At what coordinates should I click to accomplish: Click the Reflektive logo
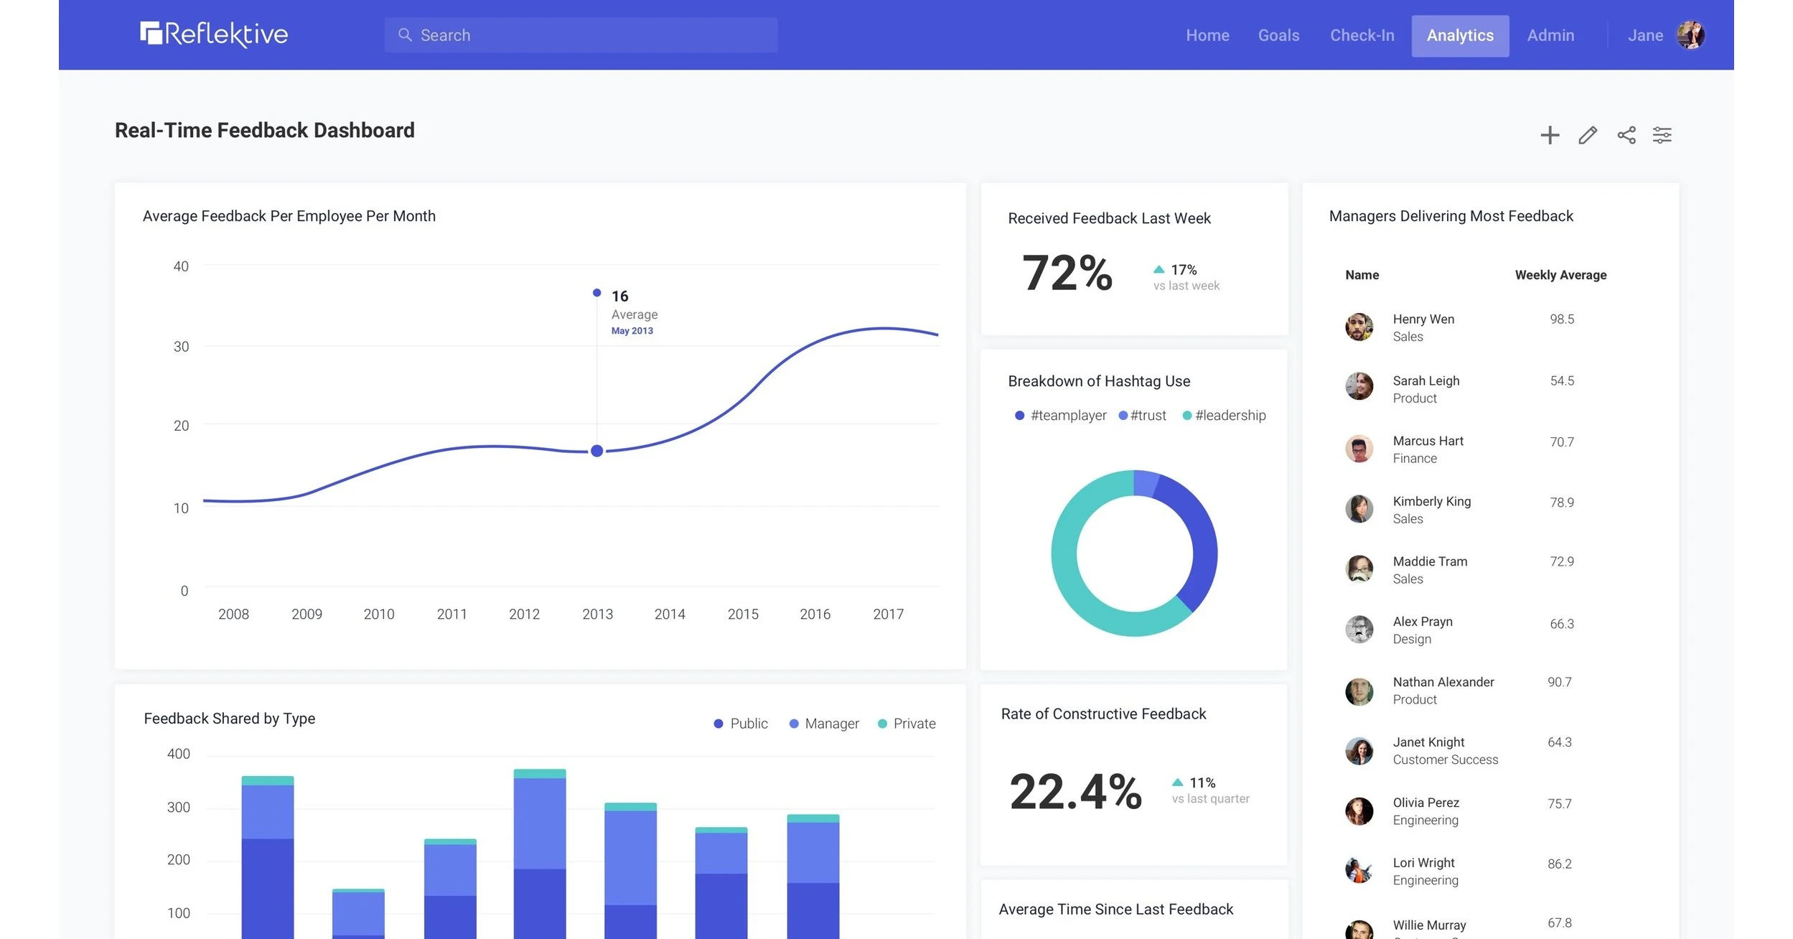pyautogui.click(x=214, y=34)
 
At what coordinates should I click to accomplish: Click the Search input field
pyautogui.click(x=581, y=35)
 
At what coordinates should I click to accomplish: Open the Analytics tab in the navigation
pyautogui.click(x=1459, y=35)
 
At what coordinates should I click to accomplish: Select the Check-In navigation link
pyautogui.click(x=1362, y=35)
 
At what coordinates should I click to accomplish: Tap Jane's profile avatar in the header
pyautogui.click(x=1690, y=35)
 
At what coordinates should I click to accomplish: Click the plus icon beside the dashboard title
pyautogui.click(x=1549, y=135)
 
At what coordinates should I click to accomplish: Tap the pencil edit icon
pyautogui.click(x=1587, y=135)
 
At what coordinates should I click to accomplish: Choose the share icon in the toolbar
pyautogui.click(x=1626, y=135)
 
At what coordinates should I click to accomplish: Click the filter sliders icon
pyautogui.click(x=1662, y=135)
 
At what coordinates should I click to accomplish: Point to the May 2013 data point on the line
pyautogui.click(x=596, y=451)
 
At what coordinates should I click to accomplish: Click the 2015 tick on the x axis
pyautogui.click(x=742, y=614)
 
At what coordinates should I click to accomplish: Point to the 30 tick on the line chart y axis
pyautogui.click(x=181, y=347)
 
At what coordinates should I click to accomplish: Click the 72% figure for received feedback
pyautogui.click(x=1067, y=274)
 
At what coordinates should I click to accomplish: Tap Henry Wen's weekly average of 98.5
pyautogui.click(x=1561, y=319)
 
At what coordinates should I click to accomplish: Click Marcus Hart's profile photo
pyautogui.click(x=1358, y=449)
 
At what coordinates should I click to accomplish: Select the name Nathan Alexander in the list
pyautogui.click(x=1443, y=682)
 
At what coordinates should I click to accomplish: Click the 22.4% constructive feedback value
pyautogui.click(x=1075, y=791)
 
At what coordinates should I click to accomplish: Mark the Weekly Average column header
pyautogui.click(x=1560, y=275)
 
